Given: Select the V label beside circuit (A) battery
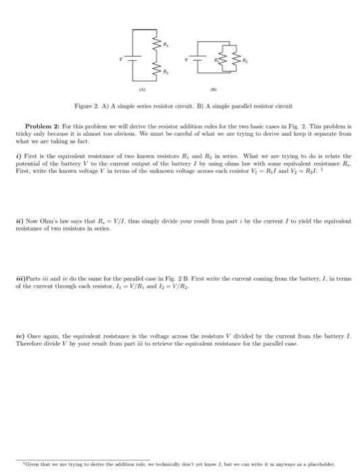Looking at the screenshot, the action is (x=122, y=59).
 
